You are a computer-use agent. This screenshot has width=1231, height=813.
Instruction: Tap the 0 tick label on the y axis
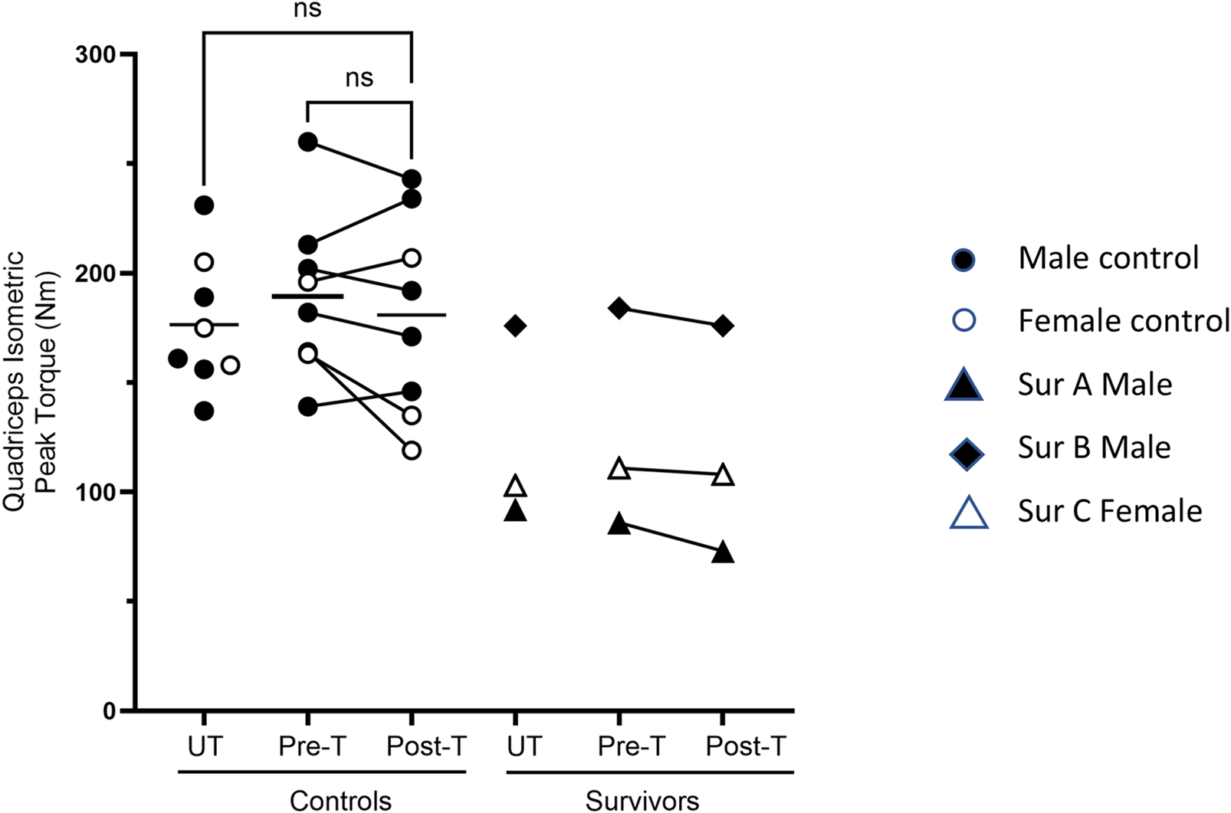pyautogui.click(x=109, y=711)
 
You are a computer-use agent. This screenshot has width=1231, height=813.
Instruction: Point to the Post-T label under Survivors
pyautogui.click(x=746, y=746)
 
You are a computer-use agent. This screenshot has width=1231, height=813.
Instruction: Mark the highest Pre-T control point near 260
pyautogui.click(x=308, y=142)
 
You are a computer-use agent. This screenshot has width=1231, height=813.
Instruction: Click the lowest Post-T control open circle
pyautogui.click(x=412, y=450)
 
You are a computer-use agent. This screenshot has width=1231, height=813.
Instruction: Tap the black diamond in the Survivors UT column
pyautogui.click(x=515, y=326)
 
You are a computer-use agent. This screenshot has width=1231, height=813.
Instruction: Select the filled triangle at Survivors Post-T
pyautogui.click(x=723, y=553)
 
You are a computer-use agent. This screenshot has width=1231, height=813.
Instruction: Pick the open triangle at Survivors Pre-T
pyautogui.click(x=619, y=469)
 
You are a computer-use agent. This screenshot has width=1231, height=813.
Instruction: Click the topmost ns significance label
pyautogui.click(x=307, y=10)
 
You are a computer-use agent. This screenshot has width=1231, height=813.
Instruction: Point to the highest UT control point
pyautogui.click(x=204, y=205)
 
